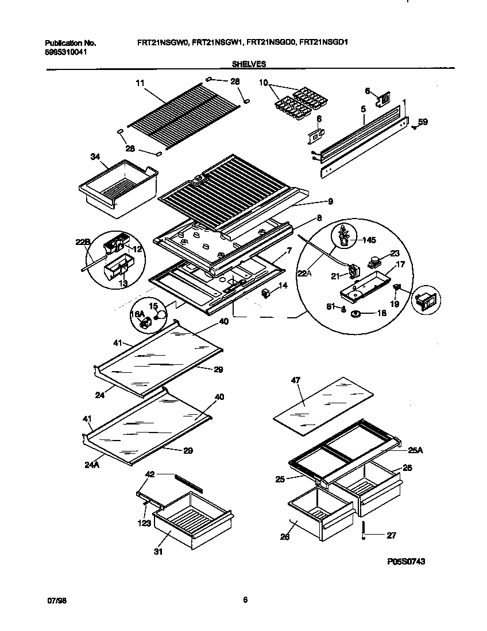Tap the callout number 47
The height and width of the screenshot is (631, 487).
(x=296, y=380)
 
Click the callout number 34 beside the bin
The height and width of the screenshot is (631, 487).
(x=96, y=156)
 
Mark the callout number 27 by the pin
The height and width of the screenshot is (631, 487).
(x=391, y=536)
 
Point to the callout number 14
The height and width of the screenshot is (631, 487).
(x=282, y=285)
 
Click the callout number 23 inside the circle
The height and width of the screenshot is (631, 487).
(x=395, y=252)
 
